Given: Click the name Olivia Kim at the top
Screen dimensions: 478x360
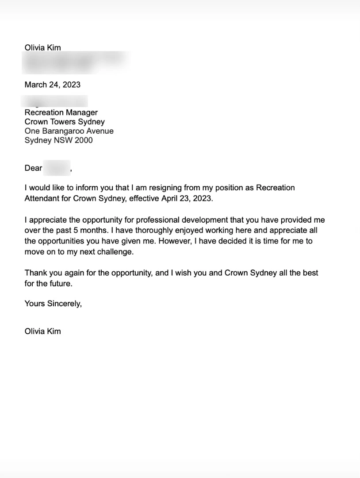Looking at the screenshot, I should coord(42,48).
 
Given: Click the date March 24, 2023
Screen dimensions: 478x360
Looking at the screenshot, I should coord(52,85).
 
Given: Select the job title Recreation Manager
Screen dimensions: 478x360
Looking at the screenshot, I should coord(61,112).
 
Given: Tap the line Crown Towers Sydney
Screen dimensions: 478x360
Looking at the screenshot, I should coord(65,122).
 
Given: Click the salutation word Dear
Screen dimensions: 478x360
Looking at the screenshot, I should coord(33,168).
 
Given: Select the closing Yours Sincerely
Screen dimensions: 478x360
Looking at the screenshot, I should coord(53,304).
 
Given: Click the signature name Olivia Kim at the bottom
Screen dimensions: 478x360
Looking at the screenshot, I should coord(42,331).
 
